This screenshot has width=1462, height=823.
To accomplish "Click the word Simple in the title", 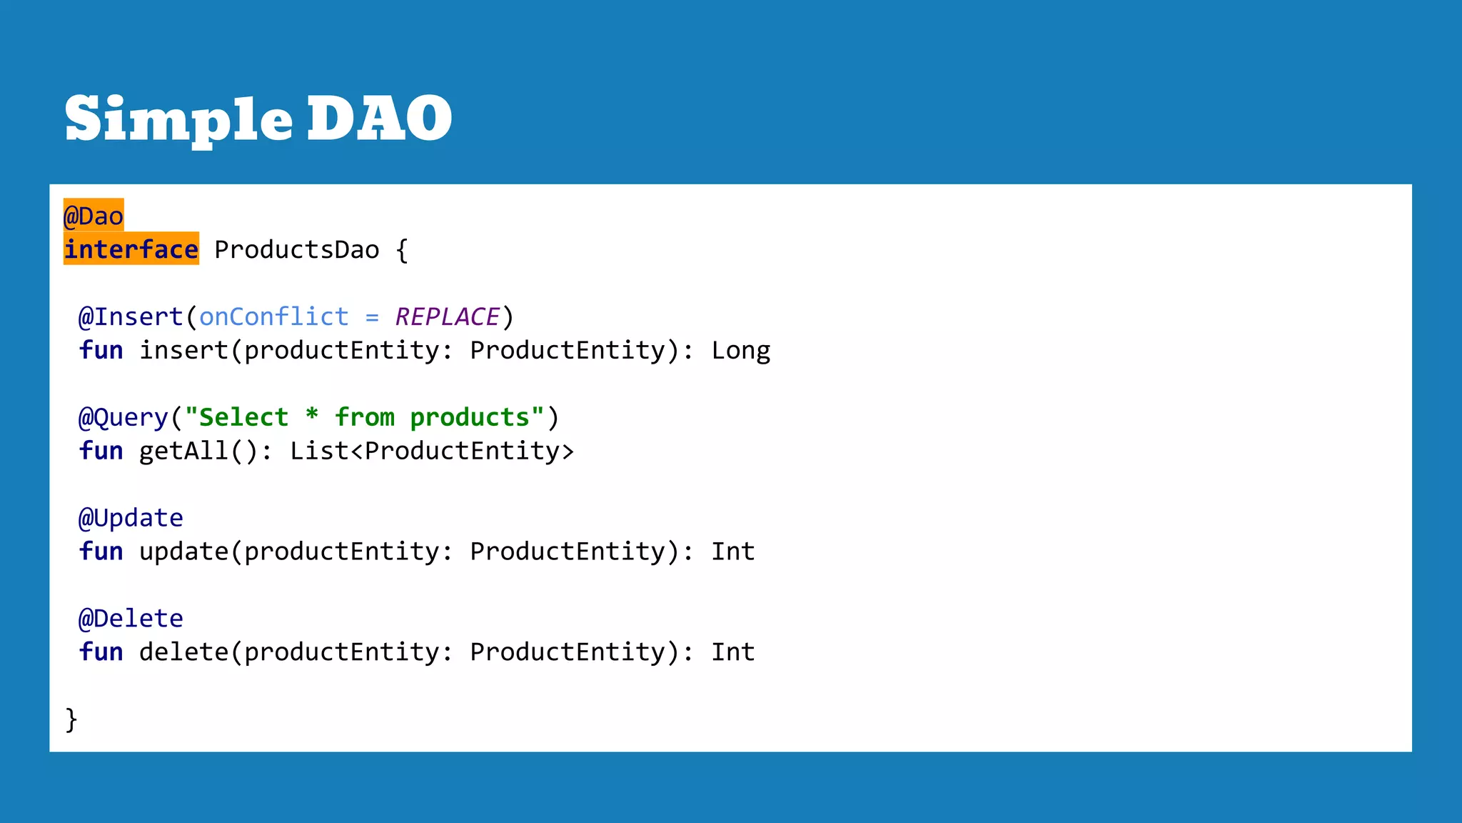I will point(178,119).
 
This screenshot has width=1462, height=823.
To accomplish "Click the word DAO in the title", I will point(379,119).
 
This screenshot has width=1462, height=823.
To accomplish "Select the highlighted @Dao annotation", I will point(94,216).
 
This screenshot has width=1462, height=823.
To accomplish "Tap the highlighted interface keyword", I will point(131,249).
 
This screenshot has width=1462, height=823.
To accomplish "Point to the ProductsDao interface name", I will point(297,250).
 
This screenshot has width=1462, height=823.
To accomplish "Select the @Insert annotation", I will point(131,316).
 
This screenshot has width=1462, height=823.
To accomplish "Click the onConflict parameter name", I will point(274,316).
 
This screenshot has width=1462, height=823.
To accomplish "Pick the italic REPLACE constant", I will point(448,316).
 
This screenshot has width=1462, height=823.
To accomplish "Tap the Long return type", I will point(741,351).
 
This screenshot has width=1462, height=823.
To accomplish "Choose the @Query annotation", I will point(123,417).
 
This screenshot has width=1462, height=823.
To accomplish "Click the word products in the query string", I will point(470,417).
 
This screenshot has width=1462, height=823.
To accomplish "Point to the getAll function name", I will point(183,451).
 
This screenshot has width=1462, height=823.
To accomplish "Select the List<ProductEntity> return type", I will point(432,451).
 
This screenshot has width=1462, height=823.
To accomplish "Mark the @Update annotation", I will point(131,518).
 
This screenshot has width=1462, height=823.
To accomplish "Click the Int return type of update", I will point(733,552).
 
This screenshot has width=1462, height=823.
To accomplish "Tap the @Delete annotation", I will point(131,619).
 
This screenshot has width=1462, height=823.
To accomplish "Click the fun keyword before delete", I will point(101,652).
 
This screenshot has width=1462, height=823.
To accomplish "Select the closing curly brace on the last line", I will point(71,719).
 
